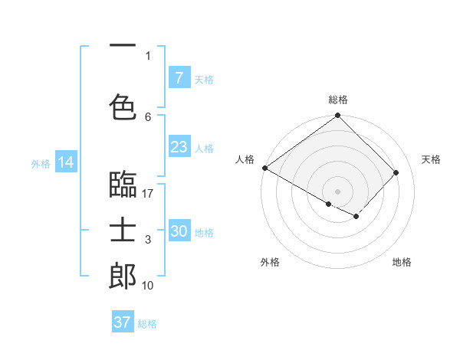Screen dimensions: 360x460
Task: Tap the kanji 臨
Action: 123,186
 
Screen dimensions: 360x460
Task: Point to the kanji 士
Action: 123,231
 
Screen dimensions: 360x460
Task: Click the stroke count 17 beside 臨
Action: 148,194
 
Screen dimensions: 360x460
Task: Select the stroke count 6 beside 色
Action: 148,116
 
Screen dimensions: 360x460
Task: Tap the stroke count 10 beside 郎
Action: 148,285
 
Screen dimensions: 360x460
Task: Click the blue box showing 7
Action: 179,78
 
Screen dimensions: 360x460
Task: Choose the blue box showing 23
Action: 179,147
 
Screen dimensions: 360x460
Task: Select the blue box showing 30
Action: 179,231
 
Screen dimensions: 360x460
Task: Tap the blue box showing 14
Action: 65,162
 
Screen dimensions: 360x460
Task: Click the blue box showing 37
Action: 123,322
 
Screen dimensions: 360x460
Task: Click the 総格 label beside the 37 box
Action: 147,323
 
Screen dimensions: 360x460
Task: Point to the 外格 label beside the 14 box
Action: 41,163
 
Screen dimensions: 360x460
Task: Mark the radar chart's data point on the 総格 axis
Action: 337,116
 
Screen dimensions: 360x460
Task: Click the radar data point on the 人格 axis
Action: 264,168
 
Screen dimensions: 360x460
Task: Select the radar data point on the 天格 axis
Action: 396,172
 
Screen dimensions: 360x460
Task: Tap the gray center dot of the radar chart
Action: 337,190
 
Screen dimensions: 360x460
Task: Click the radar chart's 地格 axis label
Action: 402,262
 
